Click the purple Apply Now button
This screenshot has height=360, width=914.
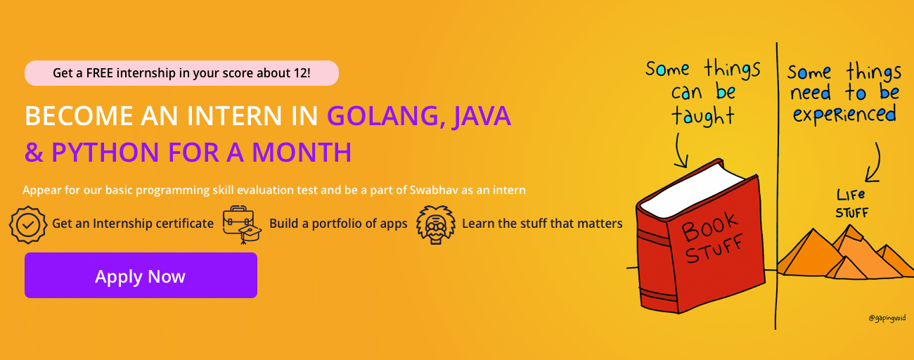[141, 275]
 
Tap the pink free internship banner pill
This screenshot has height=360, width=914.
[181, 73]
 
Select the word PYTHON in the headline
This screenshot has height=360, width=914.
[105, 153]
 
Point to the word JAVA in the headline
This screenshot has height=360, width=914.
[482, 116]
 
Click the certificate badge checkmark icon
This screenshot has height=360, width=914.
[27, 224]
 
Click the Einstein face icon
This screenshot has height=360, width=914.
[435, 224]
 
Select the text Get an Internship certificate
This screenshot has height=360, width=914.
[133, 224]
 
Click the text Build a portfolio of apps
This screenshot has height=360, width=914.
[338, 224]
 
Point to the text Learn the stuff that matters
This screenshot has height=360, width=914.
[542, 224]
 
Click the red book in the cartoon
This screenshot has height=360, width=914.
[700, 237]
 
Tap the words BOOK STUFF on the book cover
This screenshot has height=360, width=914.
[712, 238]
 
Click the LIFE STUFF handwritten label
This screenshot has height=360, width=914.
[851, 204]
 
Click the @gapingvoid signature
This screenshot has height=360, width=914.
[887, 318]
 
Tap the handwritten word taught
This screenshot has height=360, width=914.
[702, 116]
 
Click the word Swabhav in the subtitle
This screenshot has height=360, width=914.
[434, 191]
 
